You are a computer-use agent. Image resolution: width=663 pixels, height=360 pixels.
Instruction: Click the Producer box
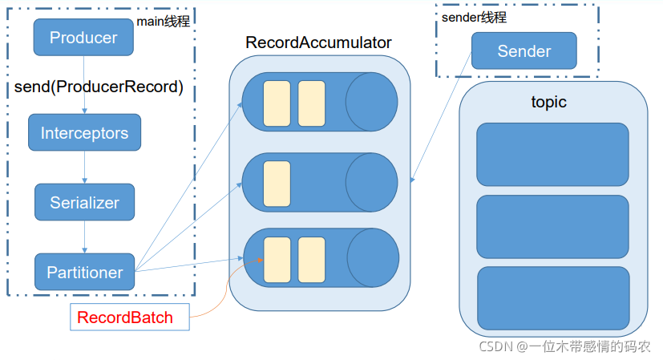pyautogui.click(x=83, y=37)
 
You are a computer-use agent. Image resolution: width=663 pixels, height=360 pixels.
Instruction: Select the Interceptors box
pyautogui.click(x=84, y=132)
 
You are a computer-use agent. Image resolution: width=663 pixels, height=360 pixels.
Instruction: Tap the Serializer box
pyautogui.click(x=84, y=202)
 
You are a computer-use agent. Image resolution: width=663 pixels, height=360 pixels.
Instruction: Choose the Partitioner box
pyautogui.click(x=84, y=272)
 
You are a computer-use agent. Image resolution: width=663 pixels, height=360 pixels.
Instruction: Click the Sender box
pyautogui.click(x=524, y=51)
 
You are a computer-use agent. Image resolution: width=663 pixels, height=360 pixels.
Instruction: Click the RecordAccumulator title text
pyautogui.click(x=318, y=42)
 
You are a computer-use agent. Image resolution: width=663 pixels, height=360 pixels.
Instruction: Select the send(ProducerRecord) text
pyautogui.click(x=99, y=87)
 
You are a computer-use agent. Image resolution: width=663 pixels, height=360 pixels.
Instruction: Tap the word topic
pyautogui.click(x=549, y=102)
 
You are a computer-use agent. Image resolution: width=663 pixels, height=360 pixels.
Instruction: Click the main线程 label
pyautogui.click(x=164, y=21)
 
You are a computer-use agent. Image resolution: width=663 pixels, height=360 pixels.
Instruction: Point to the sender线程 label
pyautogui.click(x=474, y=18)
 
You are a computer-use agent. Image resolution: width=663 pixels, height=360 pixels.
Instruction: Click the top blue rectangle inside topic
pyautogui.click(x=552, y=155)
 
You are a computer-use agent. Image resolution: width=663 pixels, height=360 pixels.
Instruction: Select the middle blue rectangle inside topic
pyautogui.click(x=552, y=227)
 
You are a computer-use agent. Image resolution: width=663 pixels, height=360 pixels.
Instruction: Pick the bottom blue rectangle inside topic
pyautogui.click(x=553, y=298)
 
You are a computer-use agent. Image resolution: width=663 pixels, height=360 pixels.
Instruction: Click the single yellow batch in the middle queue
pyautogui.click(x=277, y=184)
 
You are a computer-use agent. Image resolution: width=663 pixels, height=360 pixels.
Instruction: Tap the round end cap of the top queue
pyautogui.click(x=372, y=102)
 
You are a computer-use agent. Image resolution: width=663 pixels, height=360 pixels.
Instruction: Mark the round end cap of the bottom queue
pyautogui.click(x=373, y=257)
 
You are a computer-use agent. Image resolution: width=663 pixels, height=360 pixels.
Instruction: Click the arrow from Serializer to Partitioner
pyautogui.click(x=84, y=237)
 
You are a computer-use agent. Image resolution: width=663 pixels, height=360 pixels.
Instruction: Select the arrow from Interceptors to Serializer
pyautogui.click(x=84, y=167)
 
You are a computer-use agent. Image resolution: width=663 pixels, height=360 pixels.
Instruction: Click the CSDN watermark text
pyautogui.click(x=564, y=346)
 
